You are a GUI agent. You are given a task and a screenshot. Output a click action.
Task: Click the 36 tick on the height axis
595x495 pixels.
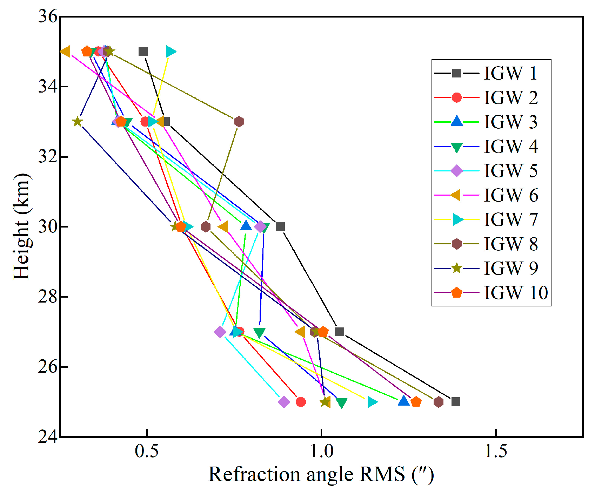pyautogui.click(x=48, y=16)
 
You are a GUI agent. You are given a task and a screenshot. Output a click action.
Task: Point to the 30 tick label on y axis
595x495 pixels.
pyautogui.click(x=48, y=227)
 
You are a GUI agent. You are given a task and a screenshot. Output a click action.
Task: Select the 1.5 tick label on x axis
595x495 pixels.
pyautogui.click(x=495, y=452)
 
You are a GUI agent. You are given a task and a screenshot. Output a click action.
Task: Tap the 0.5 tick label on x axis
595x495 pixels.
pyautogui.click(x=147, y=452)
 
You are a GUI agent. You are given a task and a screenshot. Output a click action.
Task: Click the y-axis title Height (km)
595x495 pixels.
pyautogui.click(x=22, y=226)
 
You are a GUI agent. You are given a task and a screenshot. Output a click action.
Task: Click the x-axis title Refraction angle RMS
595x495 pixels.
pyautogui.click(x=321, y=475)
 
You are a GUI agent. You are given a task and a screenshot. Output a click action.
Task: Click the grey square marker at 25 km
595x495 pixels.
pyautogui.click(x=456, y=402)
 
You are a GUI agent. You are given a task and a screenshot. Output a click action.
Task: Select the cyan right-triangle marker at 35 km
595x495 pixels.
pyautogui.click(x=171, y=52)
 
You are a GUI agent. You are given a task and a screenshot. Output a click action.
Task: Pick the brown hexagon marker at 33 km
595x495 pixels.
pyautogui.click(x=239, y=122)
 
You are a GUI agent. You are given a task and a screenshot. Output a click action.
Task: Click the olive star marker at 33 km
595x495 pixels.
pyautogui.click(x=78, y=122)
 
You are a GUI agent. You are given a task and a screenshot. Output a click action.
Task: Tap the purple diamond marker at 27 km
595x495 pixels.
pyautogui.click(x=220, y=332)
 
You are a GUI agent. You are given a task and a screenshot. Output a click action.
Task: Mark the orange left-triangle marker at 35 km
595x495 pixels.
pyautogui.click(x=66, y=52)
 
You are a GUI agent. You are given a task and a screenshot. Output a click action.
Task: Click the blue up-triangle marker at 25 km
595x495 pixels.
pyautogui.click(x=404, y=401)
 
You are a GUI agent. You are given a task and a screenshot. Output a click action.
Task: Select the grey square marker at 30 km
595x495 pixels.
pyautogui.click(x=280, y=226)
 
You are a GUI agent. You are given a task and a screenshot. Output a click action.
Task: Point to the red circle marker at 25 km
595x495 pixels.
pyautogui.click(x=301, y=402)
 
